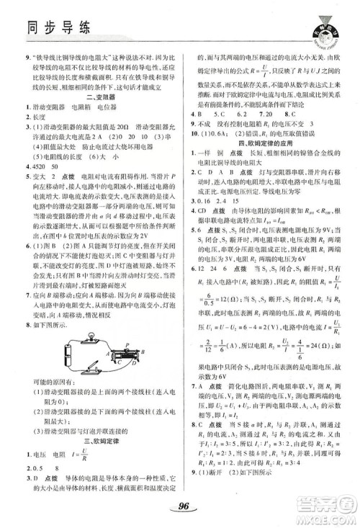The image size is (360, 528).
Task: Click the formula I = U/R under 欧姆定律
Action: pos(86,457)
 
